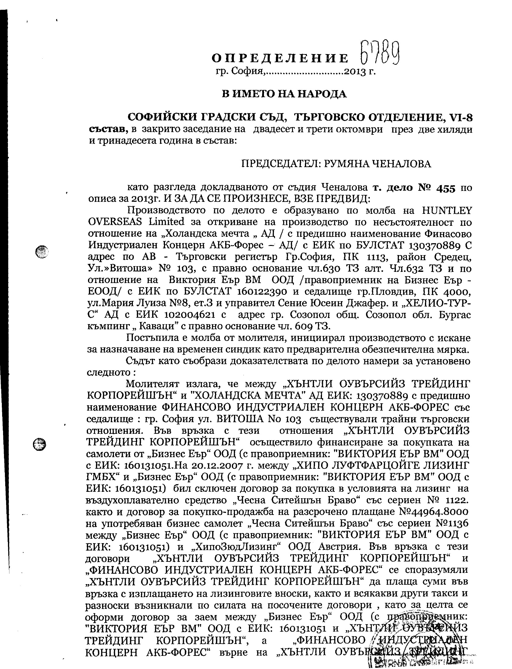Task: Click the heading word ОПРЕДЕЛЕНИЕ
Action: tap(280, 58)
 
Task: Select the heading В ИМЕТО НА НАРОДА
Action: tap(284, 94)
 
